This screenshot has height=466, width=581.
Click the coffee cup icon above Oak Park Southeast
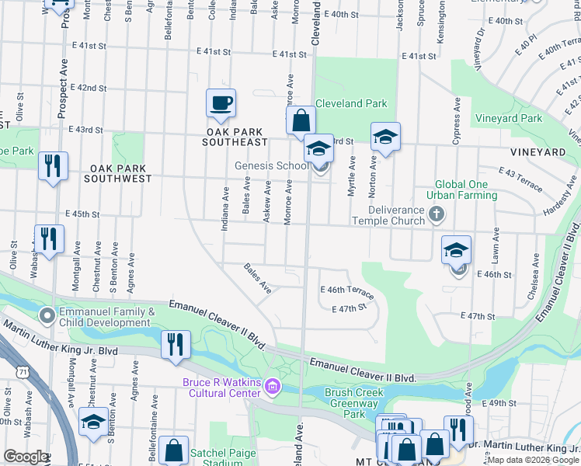[x=221, y=103]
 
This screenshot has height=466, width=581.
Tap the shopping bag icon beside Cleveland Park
[x=301, y=121]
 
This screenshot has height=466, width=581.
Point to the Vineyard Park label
[x=509, y=119]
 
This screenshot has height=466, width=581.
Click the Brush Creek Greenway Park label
[x=354, y=398]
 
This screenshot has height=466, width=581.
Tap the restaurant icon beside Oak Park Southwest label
[x=53, y=167]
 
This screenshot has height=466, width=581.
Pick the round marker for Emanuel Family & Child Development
[x=47, y=315]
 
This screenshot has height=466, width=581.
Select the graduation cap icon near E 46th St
[x=457, y=250]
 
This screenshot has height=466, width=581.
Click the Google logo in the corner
[x=26, y=457]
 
